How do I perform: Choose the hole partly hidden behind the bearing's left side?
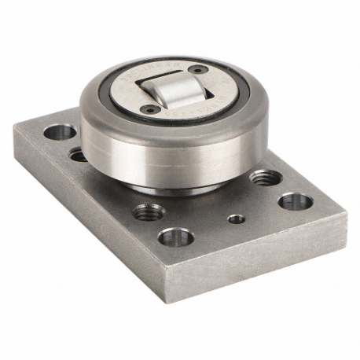[78, 155]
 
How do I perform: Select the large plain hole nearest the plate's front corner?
[175, 235]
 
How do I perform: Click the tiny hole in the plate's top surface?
[236, 219]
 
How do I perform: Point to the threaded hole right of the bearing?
[262, 177]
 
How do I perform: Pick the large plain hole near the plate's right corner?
[295, 201]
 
